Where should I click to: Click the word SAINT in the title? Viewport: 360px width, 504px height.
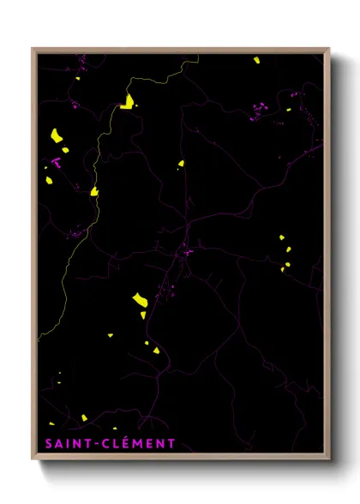click(67, 444)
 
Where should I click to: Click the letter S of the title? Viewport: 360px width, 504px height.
click(48, 444)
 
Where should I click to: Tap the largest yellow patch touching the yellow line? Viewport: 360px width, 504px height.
click(127, 103)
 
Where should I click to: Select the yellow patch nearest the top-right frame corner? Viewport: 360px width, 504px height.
click(256, 60)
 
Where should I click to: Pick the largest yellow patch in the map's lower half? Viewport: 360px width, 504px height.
click(139, 299)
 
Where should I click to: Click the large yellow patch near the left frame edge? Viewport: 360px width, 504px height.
click(56, 135)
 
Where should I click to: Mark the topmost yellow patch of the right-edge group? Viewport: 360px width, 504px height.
click(280, 237)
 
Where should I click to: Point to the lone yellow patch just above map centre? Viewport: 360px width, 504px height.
click(181, 163)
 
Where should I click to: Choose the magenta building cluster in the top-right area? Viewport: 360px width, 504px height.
click(259, 109)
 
